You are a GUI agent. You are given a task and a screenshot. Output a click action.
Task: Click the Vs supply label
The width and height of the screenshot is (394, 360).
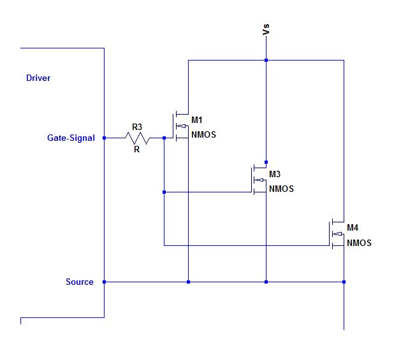(x=266, y=29)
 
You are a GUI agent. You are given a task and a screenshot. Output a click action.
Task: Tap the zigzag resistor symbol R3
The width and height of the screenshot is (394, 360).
(x=136, y=138)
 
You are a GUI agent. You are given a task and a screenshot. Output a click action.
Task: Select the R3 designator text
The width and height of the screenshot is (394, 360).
(x=136, y=127)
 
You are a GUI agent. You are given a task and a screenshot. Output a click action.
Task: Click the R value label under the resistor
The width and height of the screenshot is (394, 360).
(x=136, y=150)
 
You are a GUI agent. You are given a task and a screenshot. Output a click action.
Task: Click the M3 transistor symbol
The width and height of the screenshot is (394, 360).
(x=259, y=180)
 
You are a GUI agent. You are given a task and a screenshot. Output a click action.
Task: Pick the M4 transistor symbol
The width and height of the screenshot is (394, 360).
(x=336, y=234)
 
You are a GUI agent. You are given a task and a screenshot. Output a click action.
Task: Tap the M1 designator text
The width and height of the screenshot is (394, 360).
(x=197, y=120)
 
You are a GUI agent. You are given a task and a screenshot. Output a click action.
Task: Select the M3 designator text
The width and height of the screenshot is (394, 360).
(x=275, y=174)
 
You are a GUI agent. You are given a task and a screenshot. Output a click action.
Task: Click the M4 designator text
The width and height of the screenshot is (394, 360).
(x=353, y=227)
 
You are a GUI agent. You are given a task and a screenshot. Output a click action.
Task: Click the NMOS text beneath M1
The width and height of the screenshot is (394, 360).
(x=204, y=134)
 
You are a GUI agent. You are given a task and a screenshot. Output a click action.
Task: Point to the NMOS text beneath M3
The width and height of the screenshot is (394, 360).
(x=282, y=189)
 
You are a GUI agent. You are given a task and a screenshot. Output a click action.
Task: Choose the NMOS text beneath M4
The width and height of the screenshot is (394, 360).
(x=359, y=243)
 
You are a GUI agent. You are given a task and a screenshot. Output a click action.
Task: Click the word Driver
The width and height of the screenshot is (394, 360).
(x=38, y=78)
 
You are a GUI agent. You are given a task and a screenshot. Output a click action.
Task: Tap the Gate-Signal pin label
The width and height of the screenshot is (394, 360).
(x=71, y=138)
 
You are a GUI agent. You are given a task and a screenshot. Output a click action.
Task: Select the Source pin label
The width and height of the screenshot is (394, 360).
(x=79, y=282)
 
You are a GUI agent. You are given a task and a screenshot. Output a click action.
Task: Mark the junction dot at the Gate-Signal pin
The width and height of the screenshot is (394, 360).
(x=104, y=138)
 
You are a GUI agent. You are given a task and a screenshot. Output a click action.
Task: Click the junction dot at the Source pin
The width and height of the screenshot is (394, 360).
(x=104, y=282)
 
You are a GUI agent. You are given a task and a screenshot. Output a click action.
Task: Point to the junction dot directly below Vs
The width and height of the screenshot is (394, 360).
(x=266, y=61)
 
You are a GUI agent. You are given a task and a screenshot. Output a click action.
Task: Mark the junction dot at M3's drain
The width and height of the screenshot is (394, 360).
(x=266, y=162)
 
